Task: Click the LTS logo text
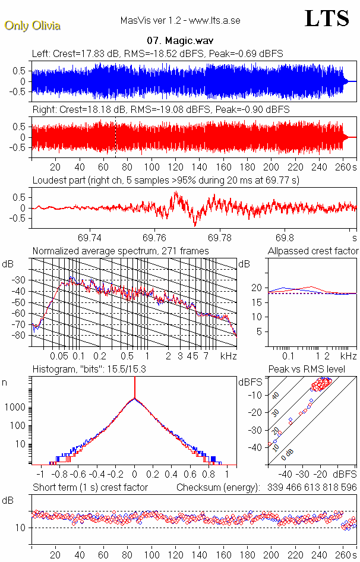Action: [327, 18]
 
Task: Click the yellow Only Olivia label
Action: [32, 26]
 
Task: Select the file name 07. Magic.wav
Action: [180, 41]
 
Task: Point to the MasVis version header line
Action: [180, 21]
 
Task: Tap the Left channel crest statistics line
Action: [157, 54]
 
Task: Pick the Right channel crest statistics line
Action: [161, 110]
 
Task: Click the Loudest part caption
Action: [165, 180]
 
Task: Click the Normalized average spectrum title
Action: [121, 251]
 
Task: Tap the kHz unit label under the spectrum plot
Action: [228, 356]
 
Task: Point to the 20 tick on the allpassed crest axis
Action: [257, 288]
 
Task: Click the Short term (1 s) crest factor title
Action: [90, 488]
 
